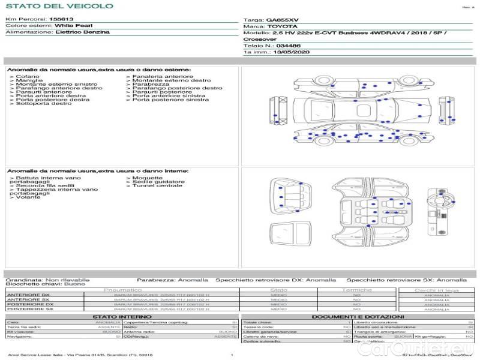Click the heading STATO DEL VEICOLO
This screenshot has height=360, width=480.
(x=59, y=6)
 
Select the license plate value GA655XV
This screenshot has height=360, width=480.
(x=282, y=20)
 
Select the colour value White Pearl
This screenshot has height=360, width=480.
(x=73, y=26)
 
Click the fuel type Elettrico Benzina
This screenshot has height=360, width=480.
(x=82, y=32)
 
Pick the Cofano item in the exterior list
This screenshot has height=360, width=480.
(x=28, y=77)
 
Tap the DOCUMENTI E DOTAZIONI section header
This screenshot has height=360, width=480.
(x=358, y=316)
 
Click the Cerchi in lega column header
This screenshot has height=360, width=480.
(x=436, y=290)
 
